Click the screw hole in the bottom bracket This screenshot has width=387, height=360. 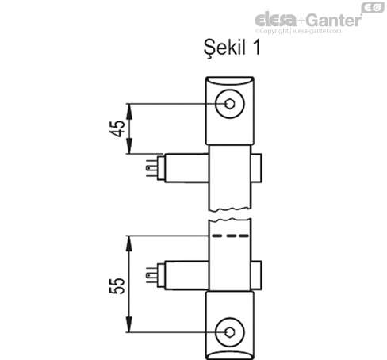tap(230, 331)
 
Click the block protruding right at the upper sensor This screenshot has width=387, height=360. tap(259, 167)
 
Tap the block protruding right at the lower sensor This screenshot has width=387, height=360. tap(259, 274)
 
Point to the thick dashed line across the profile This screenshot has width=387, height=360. tap(230, 236)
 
